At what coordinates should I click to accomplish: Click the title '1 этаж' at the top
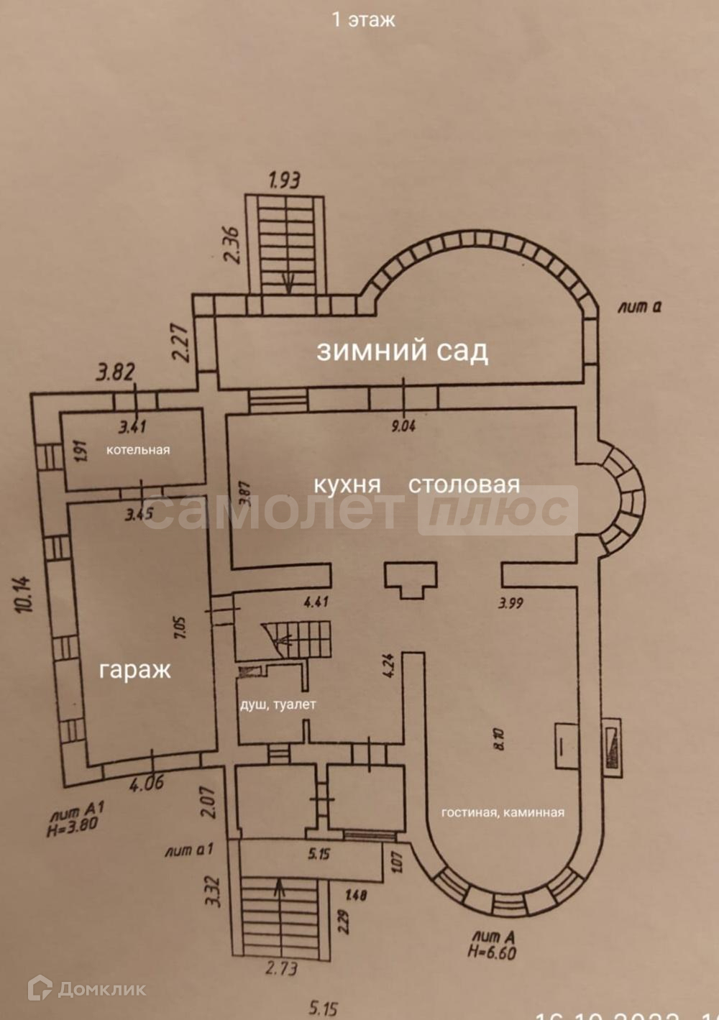coord(363,19)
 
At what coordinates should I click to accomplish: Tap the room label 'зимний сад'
coord(402,351)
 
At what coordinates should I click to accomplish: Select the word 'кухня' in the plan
coord(347,484)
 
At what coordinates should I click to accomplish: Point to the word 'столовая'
coord(464,484)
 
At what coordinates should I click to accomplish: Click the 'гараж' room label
coord(135,670)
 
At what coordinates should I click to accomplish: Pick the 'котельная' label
coord(138,450)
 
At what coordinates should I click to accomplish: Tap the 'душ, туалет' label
coord(278,704)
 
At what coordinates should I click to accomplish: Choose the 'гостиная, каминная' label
coord(503,812)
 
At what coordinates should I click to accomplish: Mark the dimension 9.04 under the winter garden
coord(403,426)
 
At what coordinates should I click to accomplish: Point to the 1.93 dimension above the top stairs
coord(284,179)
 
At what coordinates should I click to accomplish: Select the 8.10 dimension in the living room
coord(500,738)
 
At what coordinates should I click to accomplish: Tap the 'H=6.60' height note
coord(492,952)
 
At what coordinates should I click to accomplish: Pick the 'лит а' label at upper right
coord(639,307)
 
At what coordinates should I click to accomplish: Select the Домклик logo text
coord(101,989)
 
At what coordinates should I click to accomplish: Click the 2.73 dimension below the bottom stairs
coord(281,968)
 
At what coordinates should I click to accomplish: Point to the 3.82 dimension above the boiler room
coord(116,372)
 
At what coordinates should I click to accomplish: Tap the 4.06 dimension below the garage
coord(146,782)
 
